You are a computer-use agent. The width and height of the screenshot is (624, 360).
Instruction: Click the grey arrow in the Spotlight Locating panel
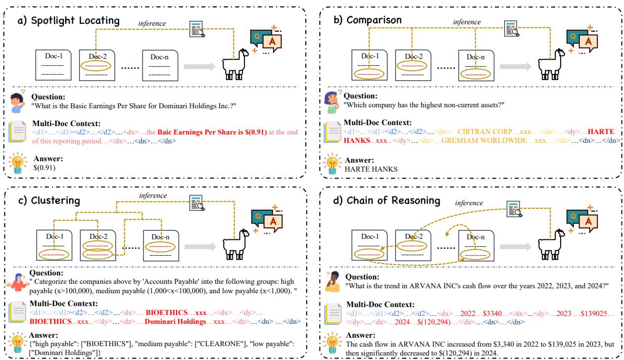pyautogui.click(x=198, y=66)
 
